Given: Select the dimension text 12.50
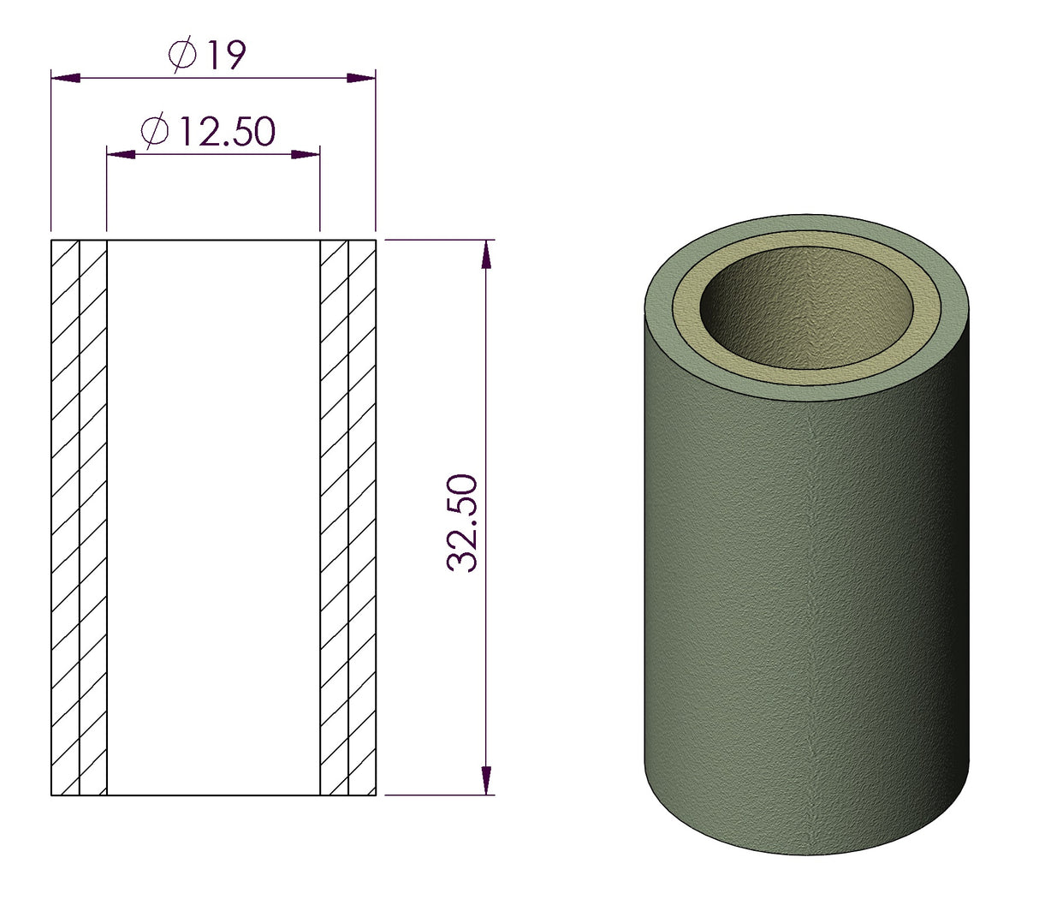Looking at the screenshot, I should click(226, 132).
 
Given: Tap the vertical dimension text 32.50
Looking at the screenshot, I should click(463, 522).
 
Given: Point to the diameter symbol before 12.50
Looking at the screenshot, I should click(154, 132).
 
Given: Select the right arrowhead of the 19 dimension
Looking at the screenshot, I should click(361, 78).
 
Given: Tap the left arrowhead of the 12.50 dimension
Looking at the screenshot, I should click(121, 154).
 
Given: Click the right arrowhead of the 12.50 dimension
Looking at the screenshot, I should click(306, 154).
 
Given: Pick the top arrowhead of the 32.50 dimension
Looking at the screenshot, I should click(487, 254).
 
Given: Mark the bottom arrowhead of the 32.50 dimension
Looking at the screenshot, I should click(487, 780).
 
